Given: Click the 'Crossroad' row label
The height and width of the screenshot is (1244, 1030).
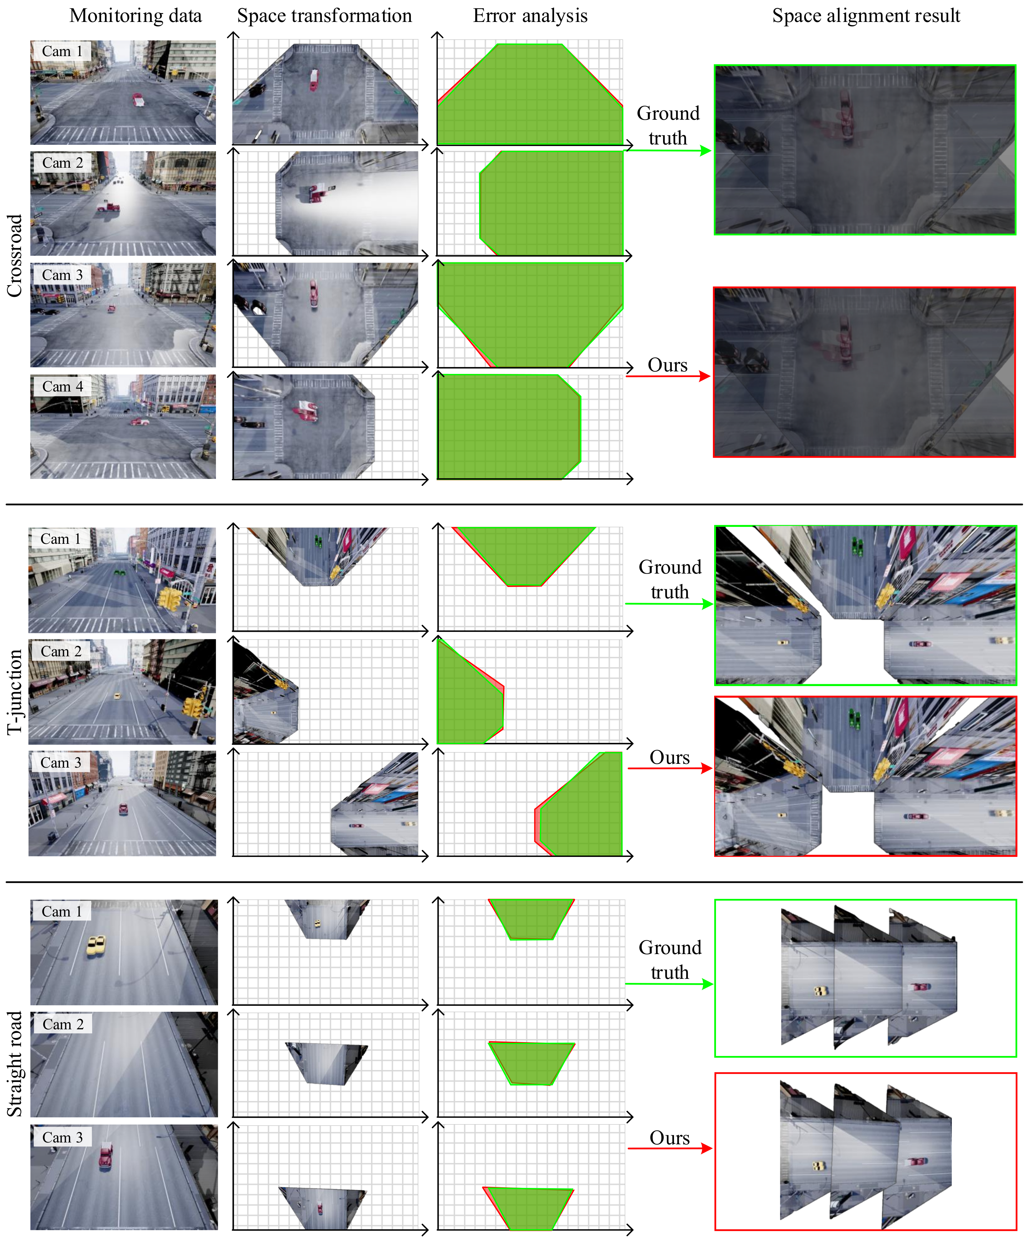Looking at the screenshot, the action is [x=14, y=255].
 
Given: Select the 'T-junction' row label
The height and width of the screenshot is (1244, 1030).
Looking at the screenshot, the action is [x=14, y=692].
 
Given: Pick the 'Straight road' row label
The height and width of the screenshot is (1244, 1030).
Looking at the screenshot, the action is [x=14, y=1064].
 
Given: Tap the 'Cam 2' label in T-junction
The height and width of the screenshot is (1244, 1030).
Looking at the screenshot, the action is [x=61, y=651].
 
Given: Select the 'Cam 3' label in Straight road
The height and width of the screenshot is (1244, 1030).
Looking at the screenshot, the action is [x=63, y=1137].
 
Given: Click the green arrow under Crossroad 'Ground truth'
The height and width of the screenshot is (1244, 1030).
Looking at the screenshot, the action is [x=668, y=150].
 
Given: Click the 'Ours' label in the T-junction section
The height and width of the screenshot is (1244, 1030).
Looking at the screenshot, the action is [x=669, y=758].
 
